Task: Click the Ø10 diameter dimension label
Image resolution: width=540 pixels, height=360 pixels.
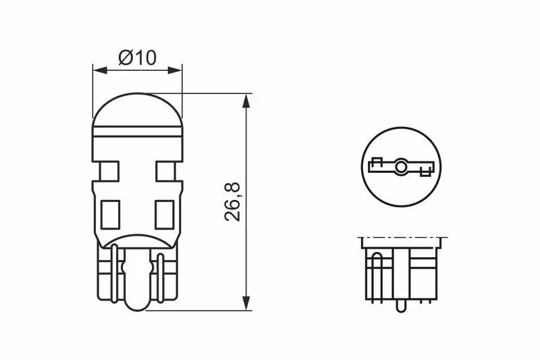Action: click(138, 57)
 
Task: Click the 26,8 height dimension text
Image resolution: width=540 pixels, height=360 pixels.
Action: click(232, 202)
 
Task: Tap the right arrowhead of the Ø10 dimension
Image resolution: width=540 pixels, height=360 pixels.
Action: click(175, 70)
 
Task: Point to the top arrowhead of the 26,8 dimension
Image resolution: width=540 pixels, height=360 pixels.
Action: click(246, 101)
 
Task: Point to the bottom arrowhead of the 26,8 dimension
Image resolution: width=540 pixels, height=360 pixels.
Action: click(246, 303)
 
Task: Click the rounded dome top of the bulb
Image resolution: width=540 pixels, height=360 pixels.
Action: click(138, 109)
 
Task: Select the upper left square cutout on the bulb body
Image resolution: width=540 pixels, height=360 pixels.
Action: click(109, 171)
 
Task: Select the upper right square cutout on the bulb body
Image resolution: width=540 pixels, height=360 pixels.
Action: click(165, 171)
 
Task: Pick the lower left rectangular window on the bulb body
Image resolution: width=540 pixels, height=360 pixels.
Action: click(110, 215)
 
